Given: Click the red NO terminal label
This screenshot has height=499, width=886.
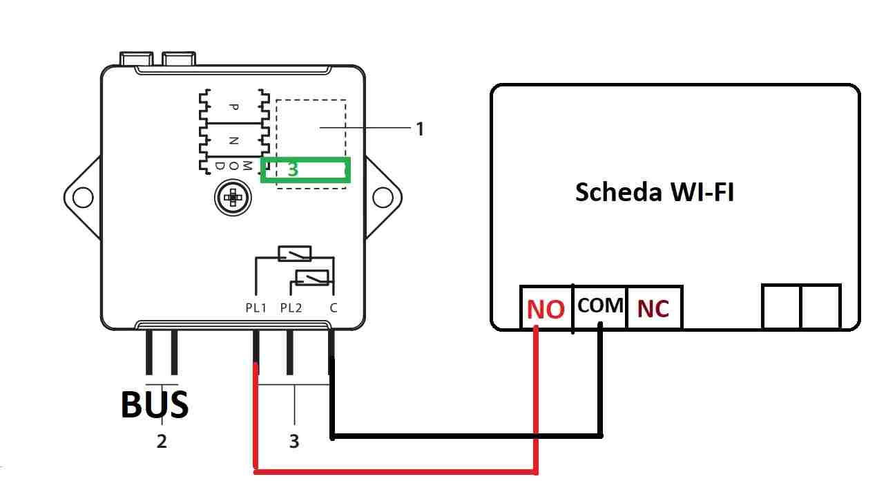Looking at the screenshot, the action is click(546, 309).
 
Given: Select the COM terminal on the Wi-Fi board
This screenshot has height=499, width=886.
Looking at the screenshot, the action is click(600, 305).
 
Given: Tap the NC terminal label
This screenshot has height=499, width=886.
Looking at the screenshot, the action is click(653, 309).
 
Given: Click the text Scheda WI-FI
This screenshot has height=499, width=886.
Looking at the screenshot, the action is click(655, 192).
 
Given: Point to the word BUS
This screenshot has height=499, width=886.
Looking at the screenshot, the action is click(155, 404).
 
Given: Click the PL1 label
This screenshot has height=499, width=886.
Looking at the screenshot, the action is click(256, 308).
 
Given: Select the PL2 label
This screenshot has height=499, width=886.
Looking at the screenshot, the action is click(291, 308).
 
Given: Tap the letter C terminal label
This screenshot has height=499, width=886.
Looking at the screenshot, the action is click(334, 308).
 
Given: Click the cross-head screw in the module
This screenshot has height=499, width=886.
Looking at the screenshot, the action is click(233, 197).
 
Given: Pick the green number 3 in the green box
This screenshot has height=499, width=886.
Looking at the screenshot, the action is click(293, 169).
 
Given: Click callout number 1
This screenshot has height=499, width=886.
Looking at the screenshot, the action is click(420, 129).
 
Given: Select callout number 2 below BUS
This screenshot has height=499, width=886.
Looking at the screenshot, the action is click(162, 441).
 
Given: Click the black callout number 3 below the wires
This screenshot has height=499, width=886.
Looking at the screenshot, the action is click(294, 441).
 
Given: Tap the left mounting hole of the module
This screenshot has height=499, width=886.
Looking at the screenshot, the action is click(83, 197).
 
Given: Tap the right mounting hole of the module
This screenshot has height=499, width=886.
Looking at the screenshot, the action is click(383, 197).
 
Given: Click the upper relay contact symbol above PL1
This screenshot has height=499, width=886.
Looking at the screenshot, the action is click(295, 254).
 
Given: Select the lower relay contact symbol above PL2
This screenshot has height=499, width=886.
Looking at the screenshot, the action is click(312, 277).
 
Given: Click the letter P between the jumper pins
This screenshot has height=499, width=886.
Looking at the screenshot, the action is click(234, 107).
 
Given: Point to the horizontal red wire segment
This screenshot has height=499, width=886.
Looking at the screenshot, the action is click(396, 471).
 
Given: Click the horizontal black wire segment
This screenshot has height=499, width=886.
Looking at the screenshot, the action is click(467, 436).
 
